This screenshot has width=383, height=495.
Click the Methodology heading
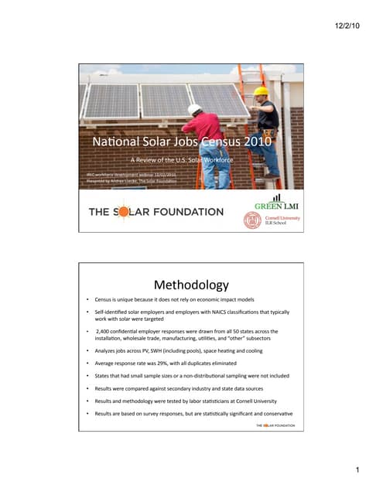coord(191,285)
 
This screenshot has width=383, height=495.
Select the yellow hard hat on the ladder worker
coord(262,90)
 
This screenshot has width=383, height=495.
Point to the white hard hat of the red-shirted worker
coord(195,110)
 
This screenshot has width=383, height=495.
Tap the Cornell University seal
coord(252,220)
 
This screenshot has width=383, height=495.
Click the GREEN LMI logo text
coord(272,206)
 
